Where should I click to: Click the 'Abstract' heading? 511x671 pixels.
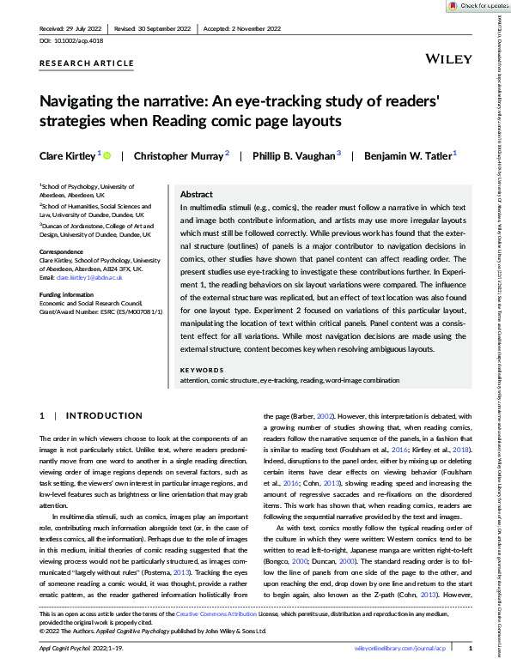pos(197,195)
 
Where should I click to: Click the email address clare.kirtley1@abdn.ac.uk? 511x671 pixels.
pos(92,279)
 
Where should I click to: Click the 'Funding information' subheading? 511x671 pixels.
pos(69,293)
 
